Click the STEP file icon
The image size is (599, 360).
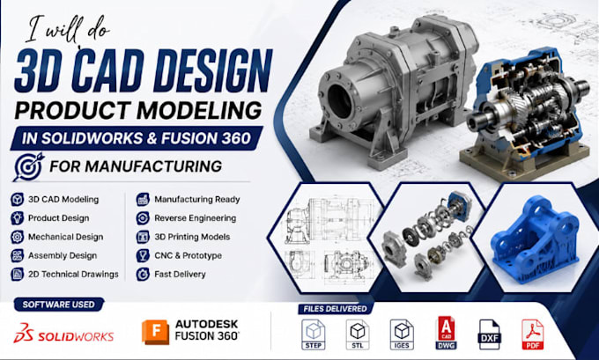(x=314, y=334)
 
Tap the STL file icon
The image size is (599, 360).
(x=358, y=334)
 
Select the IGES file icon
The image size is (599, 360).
(x=402, y=334)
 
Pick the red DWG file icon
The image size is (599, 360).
(x=446, y=333)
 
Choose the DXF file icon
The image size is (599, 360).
(x=490, y=334)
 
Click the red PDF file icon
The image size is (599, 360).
(x=533, y=334)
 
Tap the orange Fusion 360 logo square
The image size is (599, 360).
(x=156, y=332)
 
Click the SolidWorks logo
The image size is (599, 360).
(x=63, y=333)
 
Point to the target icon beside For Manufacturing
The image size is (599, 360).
(x=28, y=166)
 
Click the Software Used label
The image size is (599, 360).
(x=58, y=305)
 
